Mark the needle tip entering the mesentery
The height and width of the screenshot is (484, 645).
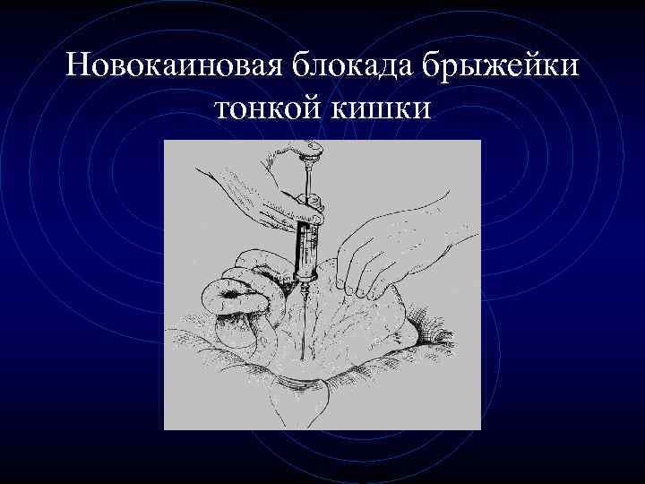tap(304, 354)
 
